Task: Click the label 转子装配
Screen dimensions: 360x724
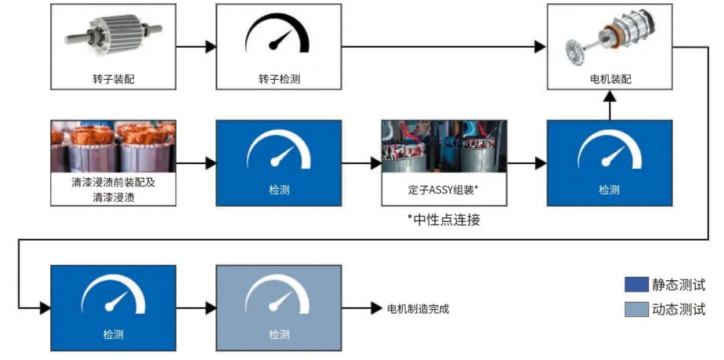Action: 113,79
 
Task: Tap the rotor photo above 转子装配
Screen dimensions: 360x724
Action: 113,34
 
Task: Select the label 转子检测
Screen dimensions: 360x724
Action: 279,79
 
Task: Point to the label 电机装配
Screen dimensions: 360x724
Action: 609,79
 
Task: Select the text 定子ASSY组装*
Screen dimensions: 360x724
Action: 443,190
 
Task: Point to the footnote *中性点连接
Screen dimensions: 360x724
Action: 443,219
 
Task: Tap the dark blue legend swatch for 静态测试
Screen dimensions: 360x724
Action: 636,284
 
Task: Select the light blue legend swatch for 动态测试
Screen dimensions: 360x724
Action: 636,309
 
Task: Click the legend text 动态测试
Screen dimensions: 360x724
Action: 678,309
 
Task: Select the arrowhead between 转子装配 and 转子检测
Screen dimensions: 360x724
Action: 210,47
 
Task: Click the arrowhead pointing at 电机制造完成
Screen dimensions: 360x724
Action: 376,308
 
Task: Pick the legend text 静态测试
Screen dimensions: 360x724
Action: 678,284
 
